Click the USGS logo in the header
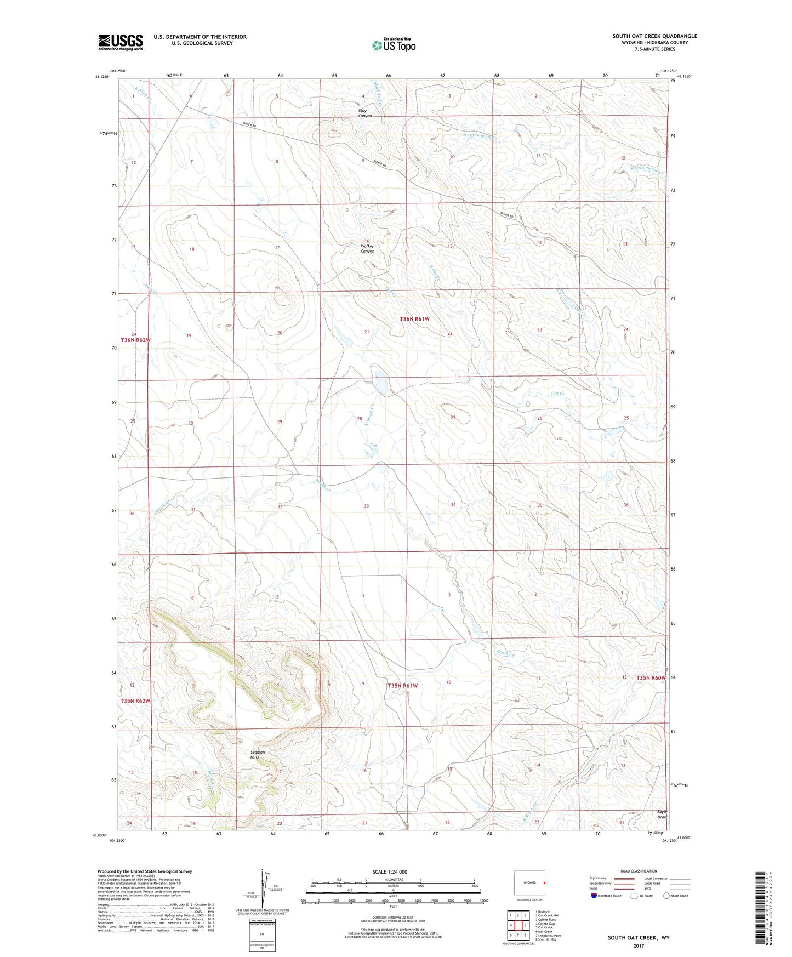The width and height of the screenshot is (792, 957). (x=121, y=42)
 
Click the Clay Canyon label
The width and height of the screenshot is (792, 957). (x=365, y=113)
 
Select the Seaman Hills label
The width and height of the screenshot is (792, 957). (x=258, y=754)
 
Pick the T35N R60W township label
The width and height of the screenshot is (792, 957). (x=651, y=678)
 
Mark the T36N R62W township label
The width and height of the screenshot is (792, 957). (x=135, y=340)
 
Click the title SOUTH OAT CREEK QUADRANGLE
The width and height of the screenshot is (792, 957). (x=654, y=36)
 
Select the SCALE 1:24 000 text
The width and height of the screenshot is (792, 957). (x=390, y=871)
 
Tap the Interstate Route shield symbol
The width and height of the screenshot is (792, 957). (x=594, y=896)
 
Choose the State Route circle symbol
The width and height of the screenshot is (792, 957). (x=666, y=896)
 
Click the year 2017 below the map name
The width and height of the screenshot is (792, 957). (x=639, y=945)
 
